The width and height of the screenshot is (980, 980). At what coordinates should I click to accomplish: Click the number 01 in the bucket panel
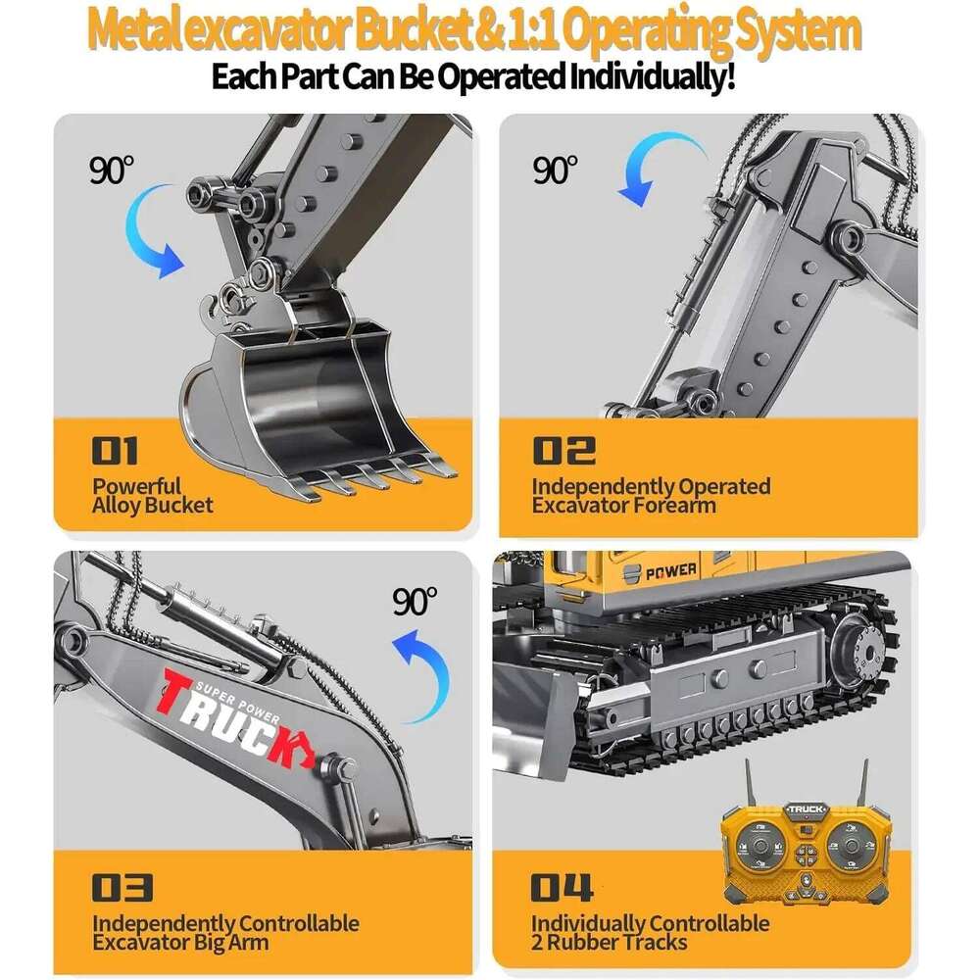pos(115,451)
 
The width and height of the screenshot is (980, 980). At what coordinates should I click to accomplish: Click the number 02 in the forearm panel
pos(563,451)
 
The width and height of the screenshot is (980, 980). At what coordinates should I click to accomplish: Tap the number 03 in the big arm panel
pos(122,888)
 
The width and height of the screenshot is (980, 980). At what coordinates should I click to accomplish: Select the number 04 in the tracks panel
pos(562,888)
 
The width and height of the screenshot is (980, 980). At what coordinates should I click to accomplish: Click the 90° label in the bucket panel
pos(111,170)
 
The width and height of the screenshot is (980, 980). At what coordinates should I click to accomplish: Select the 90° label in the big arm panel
pos(415,602)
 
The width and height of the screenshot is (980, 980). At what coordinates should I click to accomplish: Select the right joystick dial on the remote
pos(854,848)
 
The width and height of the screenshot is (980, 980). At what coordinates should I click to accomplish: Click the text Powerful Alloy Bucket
pos(152,496)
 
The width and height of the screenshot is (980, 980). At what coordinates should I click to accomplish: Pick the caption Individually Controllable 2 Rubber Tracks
pos(650,932)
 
